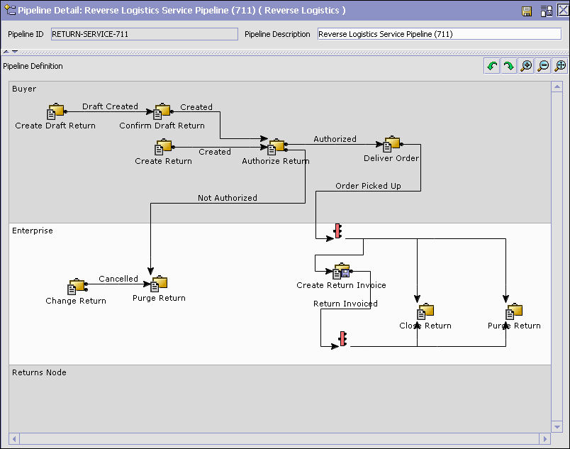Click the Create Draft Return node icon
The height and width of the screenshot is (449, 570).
55,111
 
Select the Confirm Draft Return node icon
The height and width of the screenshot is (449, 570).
162,111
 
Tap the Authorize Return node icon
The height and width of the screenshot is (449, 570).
276,147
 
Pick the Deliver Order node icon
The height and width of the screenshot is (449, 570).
391,144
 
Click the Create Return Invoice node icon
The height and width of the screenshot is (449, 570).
341,271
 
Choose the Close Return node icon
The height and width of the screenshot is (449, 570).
425,311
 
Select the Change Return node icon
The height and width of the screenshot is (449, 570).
77,287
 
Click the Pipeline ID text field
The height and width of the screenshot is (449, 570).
145,34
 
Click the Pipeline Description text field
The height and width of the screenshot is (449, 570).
440,34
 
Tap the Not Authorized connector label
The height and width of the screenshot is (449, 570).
228,198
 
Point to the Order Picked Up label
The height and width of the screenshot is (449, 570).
368,186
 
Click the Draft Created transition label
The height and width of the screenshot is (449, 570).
110,106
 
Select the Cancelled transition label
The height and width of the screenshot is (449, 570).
118,279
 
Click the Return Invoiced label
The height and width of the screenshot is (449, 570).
345,304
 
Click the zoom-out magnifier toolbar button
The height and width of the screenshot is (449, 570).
543,66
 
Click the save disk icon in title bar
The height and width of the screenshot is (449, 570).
526,11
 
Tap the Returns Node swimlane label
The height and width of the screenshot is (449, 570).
39,372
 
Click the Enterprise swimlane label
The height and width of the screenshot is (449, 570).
33,231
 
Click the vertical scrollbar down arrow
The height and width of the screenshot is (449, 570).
557,427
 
